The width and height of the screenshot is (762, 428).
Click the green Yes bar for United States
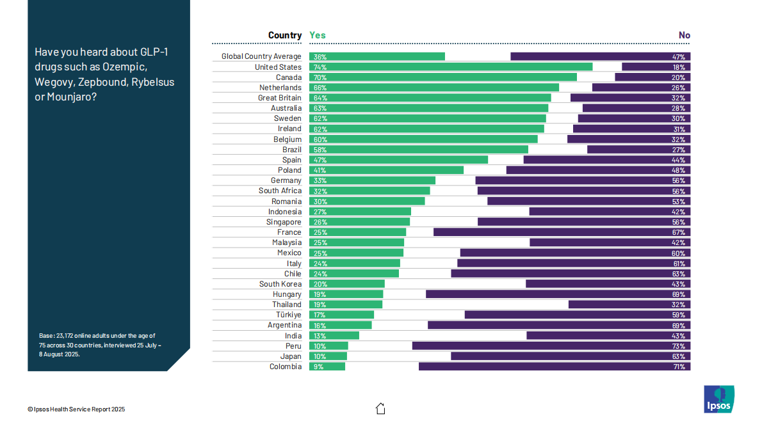pos(451,67)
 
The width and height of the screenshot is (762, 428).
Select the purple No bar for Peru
pos(551,346)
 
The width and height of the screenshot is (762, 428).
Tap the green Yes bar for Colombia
pos(327,367)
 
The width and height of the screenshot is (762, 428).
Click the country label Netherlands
pos(280,88)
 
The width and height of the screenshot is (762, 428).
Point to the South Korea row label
pos(280,284)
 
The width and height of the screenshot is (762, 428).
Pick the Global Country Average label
pos(261,56)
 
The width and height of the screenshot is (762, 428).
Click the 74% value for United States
pos(320,67)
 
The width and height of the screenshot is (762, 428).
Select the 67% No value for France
pos(678,233)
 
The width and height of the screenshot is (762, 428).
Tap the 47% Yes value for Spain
pos(320,160)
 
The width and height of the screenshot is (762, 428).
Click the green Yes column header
pos(317,35)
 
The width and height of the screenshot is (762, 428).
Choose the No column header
pos(685,35)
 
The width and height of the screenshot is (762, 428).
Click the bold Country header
pos(285,35)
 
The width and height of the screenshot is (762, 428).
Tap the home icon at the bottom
pos(380,408)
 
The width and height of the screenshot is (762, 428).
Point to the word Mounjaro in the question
pos(74,97)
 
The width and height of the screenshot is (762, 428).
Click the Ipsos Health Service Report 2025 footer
pos(76,409)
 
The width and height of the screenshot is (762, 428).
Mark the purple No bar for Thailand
pos(629,305)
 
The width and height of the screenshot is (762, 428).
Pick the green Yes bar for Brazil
pos(419,150)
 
